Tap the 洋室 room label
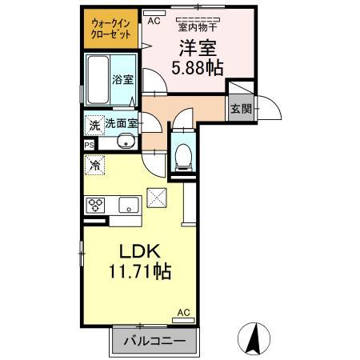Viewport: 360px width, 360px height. pos(195,47)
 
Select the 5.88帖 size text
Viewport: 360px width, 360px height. pos(195,67)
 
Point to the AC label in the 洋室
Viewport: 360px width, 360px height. pos(154,22)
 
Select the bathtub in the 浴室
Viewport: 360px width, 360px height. pos(98,79)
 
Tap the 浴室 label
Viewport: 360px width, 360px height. pos(124,81)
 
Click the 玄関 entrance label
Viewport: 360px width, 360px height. pos(240,108)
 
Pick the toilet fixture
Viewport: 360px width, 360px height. pos(184,153)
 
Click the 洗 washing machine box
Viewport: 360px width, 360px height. pos(94,125)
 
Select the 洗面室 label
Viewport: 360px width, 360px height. pos(121,125)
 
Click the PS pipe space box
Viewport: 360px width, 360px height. pos(89,145)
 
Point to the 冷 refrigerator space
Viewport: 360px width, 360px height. pos(95,166)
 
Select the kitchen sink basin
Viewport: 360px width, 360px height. pos(128,205)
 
